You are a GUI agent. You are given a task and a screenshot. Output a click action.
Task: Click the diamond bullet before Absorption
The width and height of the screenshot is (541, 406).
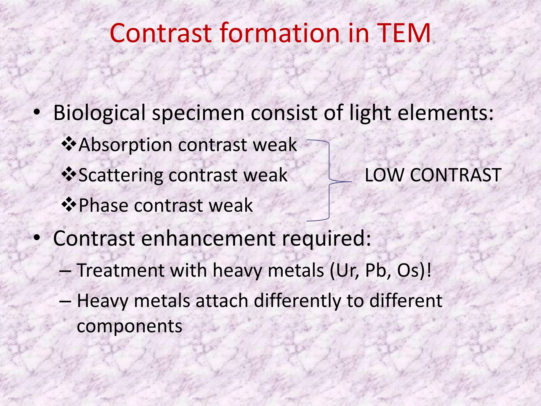pyautogui.click(x=69, y=144)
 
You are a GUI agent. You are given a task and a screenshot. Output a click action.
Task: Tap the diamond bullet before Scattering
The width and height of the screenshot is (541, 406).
pyautogui.click(x=69, y=174)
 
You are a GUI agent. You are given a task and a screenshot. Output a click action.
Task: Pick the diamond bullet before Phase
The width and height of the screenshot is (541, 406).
pyautogui.click(x=69, y=205)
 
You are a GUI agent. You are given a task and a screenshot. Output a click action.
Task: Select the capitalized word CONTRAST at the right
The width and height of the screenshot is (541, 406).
pyautogui.click(x=455, y=175)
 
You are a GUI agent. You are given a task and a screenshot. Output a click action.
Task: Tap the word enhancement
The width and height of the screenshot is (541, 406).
pyautogui.click(x=209, y=238)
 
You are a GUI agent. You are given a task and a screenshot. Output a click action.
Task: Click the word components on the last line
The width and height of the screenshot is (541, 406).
pyautogui.click(x=129, y=326)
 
